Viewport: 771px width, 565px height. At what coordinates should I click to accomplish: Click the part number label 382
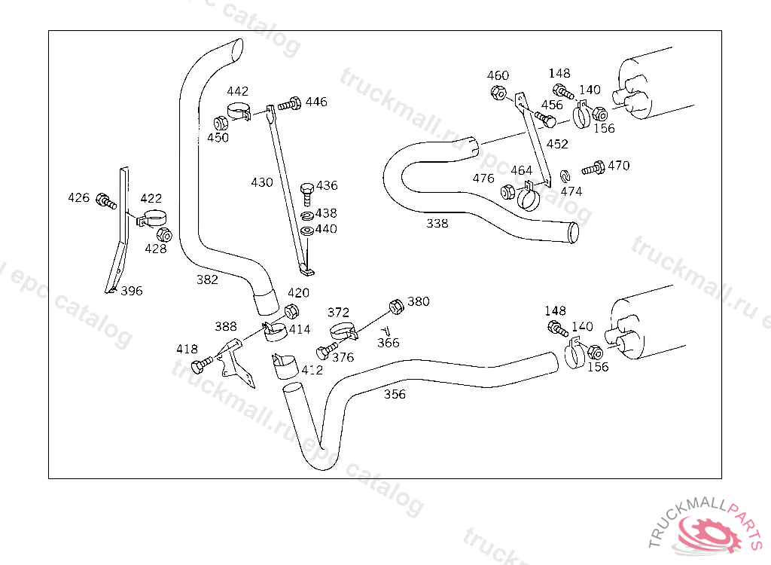(x=207, y=279)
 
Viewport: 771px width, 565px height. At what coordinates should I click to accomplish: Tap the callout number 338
(x=437, y=223)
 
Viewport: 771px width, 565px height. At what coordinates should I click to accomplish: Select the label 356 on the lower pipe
(x=395, y=394)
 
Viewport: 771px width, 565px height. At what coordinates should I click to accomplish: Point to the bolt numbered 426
(x=105, y=201)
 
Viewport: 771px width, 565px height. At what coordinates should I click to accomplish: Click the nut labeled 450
(x=221, y=124)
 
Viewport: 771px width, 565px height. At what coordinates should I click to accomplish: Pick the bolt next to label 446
(x=290, y=104)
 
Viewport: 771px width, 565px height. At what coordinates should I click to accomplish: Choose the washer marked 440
(x=306, y=230)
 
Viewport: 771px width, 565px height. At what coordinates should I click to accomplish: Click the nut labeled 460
(x=497, y=93)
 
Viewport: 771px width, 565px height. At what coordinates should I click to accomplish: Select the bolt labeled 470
(x=594, y=168)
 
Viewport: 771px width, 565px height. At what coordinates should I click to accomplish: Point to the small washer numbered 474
(x=562, y=177)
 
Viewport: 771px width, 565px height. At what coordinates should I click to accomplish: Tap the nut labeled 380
(x=395, y=305)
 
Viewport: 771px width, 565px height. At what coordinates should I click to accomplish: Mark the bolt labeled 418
(x=199, y=366)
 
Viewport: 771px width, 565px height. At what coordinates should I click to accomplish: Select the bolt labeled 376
(x=325, y=351)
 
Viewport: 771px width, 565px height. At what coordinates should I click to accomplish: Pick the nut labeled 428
(x=166, y=234)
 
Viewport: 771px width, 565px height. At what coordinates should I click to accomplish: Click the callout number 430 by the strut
(x=262, y=182)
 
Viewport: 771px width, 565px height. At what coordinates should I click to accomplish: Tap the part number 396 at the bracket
(x=131, y=291)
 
